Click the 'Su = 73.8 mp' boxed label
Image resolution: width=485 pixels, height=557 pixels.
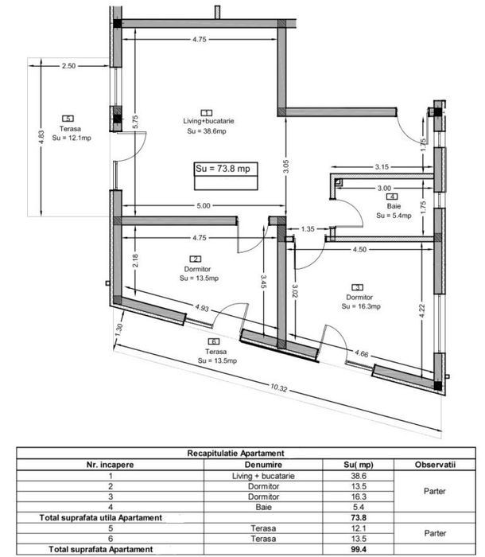223,169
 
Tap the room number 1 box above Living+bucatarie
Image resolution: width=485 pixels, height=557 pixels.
206,113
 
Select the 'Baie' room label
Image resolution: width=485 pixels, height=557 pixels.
394,206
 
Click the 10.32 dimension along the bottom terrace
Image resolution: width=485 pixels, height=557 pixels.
278,388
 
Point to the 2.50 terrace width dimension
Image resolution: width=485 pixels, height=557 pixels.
68,66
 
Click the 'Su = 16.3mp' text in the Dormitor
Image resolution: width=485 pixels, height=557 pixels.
361,306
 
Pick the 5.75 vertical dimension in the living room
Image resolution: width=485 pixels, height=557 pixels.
135,122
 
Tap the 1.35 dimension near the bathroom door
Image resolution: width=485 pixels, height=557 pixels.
308,229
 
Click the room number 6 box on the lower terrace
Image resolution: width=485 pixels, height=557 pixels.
213,341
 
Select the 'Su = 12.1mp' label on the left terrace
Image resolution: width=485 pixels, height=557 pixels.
72,138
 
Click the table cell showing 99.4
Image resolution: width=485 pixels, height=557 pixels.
358,549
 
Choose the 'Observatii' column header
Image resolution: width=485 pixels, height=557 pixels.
435,465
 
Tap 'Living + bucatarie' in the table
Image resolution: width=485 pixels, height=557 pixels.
263,476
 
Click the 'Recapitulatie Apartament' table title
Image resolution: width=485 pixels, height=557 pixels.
236,454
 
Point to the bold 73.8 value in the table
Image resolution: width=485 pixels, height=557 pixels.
358,518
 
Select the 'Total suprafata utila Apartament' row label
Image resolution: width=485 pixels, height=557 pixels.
100,518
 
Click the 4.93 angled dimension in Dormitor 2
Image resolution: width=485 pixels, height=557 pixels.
202,308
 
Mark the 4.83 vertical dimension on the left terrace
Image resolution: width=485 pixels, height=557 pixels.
41,138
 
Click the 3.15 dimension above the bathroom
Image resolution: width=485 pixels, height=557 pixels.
382,166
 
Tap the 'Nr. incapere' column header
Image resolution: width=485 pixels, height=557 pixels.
110,465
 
